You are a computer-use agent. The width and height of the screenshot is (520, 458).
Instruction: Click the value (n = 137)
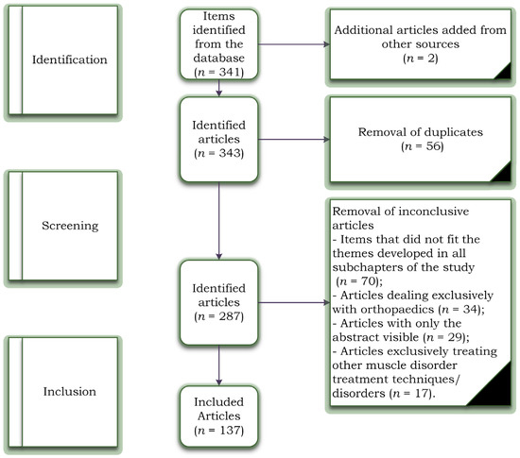tap(219, 432)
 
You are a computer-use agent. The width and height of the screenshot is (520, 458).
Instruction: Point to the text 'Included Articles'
tap(219, 410)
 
